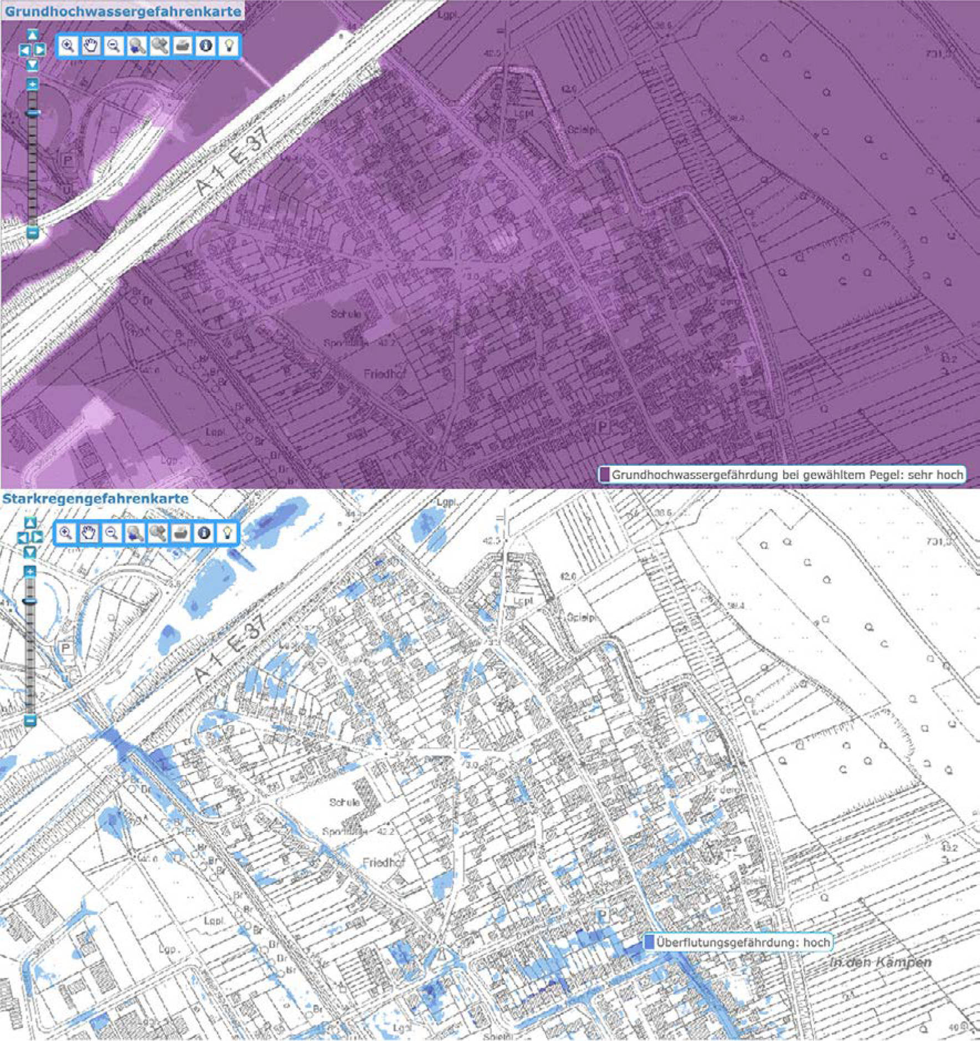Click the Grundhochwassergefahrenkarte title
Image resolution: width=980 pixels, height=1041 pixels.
[123, 11]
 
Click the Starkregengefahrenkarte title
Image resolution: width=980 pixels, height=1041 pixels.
[95, 498]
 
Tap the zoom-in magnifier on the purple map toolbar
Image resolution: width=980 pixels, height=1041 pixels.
[68, 46]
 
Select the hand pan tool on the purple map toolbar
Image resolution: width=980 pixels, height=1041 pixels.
[91, 46]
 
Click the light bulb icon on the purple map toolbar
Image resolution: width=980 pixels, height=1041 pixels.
[229, 46]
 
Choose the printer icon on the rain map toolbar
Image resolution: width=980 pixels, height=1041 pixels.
[181, 534]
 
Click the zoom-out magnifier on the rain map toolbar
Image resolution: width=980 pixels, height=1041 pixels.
[112, 534]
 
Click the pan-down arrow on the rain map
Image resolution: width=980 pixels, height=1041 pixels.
[31, 552]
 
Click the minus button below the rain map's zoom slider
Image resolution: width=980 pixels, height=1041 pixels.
[31, 721]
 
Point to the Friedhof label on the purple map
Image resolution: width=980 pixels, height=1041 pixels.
[385, 374]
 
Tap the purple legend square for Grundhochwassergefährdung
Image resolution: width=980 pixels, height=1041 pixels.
[604, 475]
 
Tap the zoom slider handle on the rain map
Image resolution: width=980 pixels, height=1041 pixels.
[31, 601]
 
